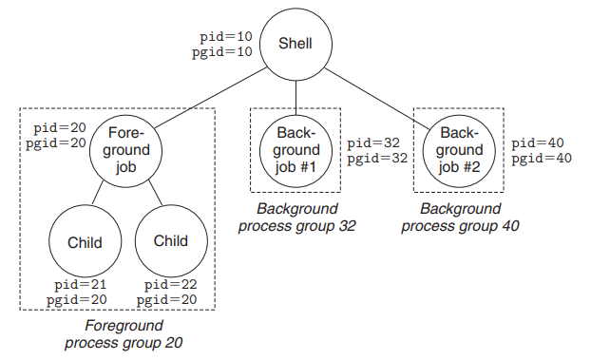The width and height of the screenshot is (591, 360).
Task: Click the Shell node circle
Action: [295, 44]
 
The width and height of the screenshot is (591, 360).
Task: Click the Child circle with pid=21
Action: [85, 242]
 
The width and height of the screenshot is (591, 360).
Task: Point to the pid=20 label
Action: [60, 127]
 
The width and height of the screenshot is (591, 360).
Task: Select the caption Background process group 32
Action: [296, 218]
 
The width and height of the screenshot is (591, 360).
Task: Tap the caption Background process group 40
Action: [460, 218]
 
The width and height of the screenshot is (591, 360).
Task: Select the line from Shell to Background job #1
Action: [295, 96]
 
